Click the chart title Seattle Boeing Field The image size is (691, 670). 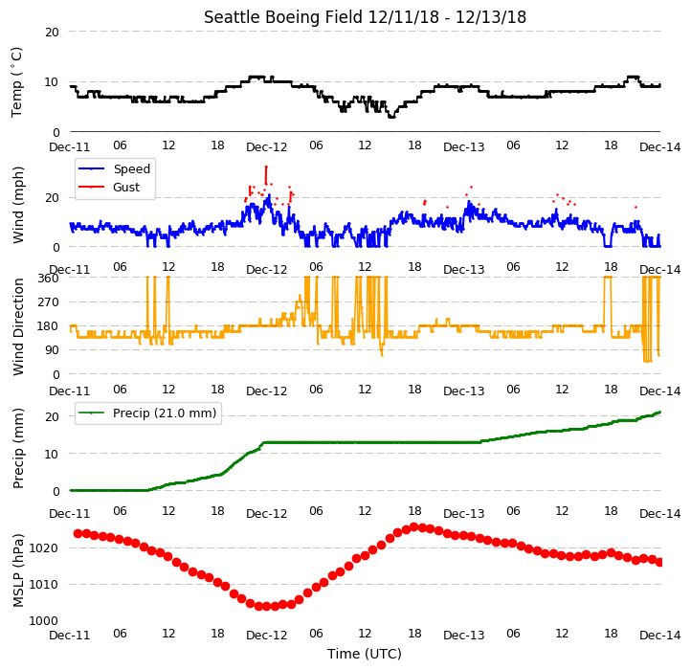click(283, 17)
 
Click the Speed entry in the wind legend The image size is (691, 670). click(132, 168)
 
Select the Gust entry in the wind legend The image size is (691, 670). click(126, 187)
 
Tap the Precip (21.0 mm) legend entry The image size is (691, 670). click(165, 413)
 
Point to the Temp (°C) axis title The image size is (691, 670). click(16, 82)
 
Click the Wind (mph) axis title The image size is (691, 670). click(18, 205)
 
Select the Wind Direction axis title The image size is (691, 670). click(18, 326)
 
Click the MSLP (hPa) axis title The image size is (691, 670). click(18, 570)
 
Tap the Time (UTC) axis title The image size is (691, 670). click(365, 654)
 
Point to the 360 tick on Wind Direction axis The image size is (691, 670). click(48, 279)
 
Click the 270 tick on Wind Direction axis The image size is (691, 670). click(48, 302)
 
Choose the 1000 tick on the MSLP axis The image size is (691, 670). click(44, 620)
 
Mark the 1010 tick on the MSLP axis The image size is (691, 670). click(44, 585)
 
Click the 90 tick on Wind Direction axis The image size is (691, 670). click(52, 350)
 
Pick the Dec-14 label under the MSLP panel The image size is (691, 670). click(660, 636)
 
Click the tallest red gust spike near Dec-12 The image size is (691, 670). click(266, 175)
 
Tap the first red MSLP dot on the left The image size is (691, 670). click(78, 534)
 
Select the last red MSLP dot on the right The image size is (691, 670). click(659, 563)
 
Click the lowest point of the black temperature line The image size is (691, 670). click(391, 117)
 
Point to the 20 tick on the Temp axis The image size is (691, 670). click(52, 32)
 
